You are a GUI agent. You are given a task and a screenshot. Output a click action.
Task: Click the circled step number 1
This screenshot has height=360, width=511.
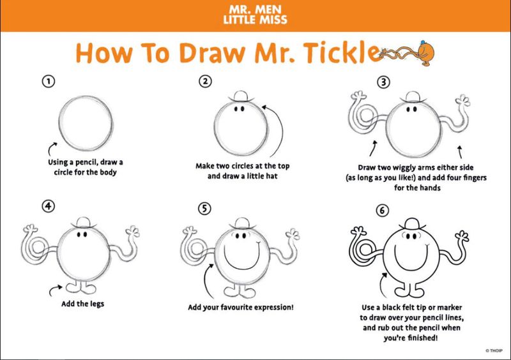pyautogui.click(x=49, y=81)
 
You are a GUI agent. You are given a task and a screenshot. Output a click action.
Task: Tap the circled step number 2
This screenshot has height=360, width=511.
pyautogui.click(x=205, y=81)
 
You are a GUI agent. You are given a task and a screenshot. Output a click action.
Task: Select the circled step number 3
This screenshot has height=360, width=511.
pyautogui.click(x=384, y=82)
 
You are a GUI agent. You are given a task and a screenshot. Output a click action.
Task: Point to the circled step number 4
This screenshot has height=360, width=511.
pyautogui.click(x=49, y=206)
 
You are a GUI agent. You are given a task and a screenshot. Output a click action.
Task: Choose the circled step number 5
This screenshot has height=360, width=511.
pyautogui.click(x=204, y=209)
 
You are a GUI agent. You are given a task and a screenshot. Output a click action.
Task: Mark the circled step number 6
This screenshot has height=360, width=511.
pyautogui.click(x=382, y=211)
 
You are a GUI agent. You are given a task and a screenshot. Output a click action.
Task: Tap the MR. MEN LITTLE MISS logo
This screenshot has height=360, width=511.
pyautogui.click(x=255, y=15)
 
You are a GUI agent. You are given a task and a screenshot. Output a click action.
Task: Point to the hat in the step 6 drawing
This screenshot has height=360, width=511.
pyautogui.click(x=412, y=225)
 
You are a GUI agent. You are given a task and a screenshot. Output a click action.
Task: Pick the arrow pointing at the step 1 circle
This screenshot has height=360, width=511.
pyautogui.click(x=50, y=147)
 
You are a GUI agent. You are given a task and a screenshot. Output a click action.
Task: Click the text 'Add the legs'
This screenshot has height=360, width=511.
pyautogui.click(x=83, y=304)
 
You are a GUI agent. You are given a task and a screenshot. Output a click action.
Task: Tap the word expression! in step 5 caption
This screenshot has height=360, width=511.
pyautogui.click(x=274, y=307)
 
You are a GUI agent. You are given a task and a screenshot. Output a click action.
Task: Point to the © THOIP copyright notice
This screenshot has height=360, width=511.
pyautogui.click(x=494, y=351)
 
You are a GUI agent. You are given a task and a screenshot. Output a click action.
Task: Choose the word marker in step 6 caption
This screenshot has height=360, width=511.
pyautogui.click(x=450, y=307)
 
